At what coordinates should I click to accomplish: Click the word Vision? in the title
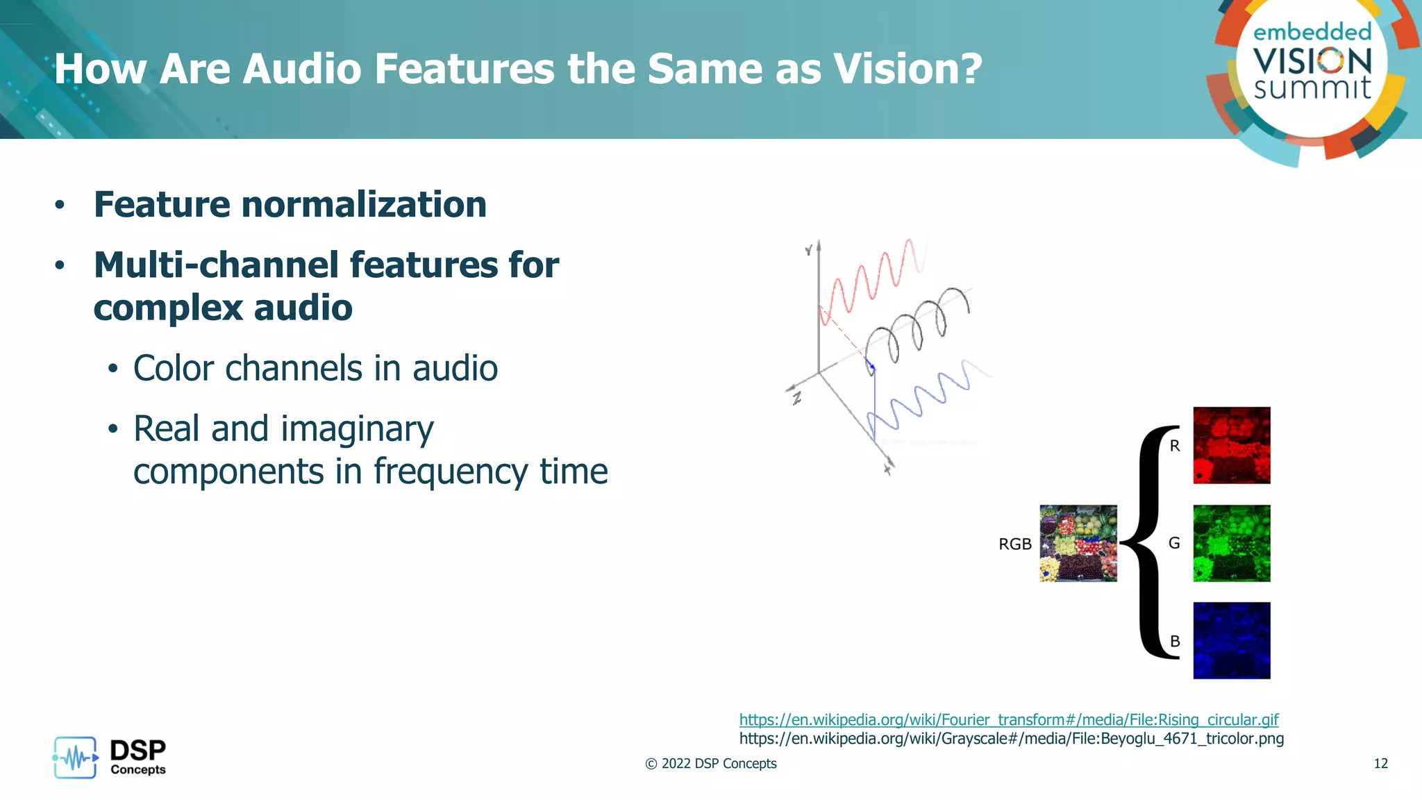point(907,69)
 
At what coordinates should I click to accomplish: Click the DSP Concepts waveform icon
point(75,758)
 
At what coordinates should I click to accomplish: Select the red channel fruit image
point(1231,445)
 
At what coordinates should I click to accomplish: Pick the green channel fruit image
point(1231,543)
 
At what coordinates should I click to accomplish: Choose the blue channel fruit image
point(1231,640)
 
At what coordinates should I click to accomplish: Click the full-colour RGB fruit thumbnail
point(1078,543)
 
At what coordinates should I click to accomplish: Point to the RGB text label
point(1014,544)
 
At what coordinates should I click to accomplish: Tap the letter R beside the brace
point(1175,446)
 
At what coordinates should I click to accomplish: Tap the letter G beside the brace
point(1174,543)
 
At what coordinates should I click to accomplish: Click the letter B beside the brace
point(1175,641)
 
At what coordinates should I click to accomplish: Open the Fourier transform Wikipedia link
point(1008,719)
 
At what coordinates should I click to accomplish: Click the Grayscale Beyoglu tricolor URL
point(1011,738)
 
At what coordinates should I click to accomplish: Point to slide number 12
point(1380,763)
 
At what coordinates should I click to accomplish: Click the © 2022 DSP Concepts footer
point(710,763)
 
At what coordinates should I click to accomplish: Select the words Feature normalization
point(290,204)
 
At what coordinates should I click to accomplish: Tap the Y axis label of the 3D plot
point(809,250)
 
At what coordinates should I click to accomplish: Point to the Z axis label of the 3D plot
point(797,399)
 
